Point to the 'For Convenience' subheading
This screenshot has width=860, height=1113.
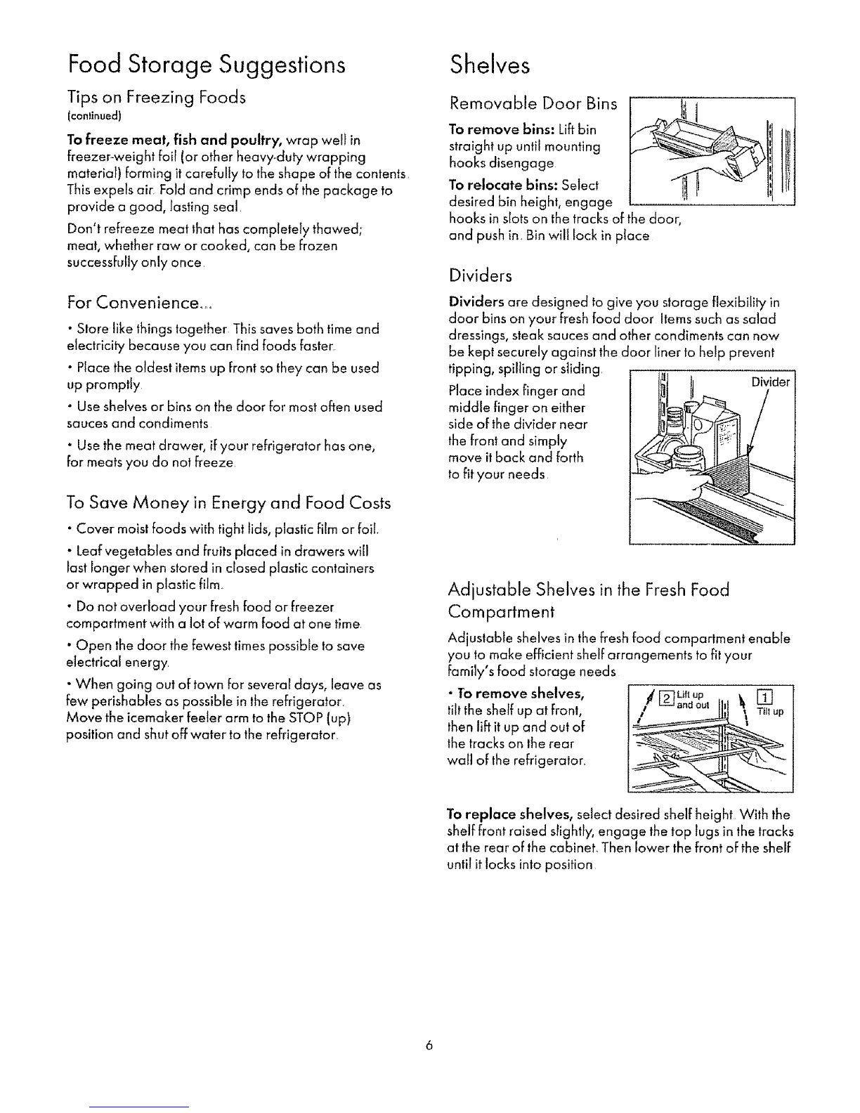coord(140,304)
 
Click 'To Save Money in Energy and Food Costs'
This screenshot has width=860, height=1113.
coord(228,502)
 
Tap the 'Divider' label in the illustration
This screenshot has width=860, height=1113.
coord(770,383)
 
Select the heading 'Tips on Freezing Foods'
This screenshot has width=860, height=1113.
coord(156,98)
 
